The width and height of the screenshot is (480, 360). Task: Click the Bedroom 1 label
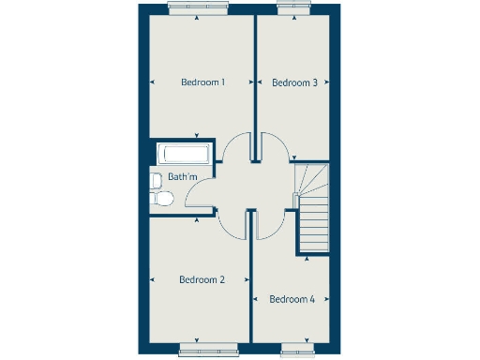click(202, 82)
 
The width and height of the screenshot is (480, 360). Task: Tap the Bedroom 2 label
click(202, 279)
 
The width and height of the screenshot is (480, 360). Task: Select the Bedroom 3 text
click(294, 82)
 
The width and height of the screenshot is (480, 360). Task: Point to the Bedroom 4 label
click(292, 300)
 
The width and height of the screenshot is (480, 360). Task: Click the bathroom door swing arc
click(199, 191)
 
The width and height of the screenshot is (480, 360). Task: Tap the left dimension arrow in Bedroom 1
click(152, 82)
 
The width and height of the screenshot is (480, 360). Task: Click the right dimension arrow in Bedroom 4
click(326, 300)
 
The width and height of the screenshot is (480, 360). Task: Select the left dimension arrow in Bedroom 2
click(152, 279)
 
